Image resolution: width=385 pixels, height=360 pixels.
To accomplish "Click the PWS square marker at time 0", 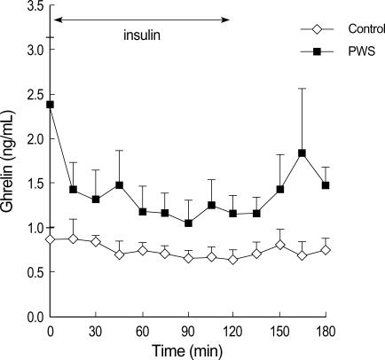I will pos(51,105).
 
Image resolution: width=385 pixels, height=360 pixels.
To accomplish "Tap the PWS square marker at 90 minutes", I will pos(188,223).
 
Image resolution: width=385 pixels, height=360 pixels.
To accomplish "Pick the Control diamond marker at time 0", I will pos(51,239).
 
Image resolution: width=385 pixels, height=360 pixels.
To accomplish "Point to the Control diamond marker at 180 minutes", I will pos(326,250).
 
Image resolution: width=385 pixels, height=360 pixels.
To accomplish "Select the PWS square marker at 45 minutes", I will pos(119,185).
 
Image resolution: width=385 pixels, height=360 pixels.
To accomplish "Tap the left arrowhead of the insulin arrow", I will pos(55,17).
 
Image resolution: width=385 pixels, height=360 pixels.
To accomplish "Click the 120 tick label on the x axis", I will pos(233,331).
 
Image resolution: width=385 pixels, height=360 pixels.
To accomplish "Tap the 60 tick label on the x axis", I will pos(142,331).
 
